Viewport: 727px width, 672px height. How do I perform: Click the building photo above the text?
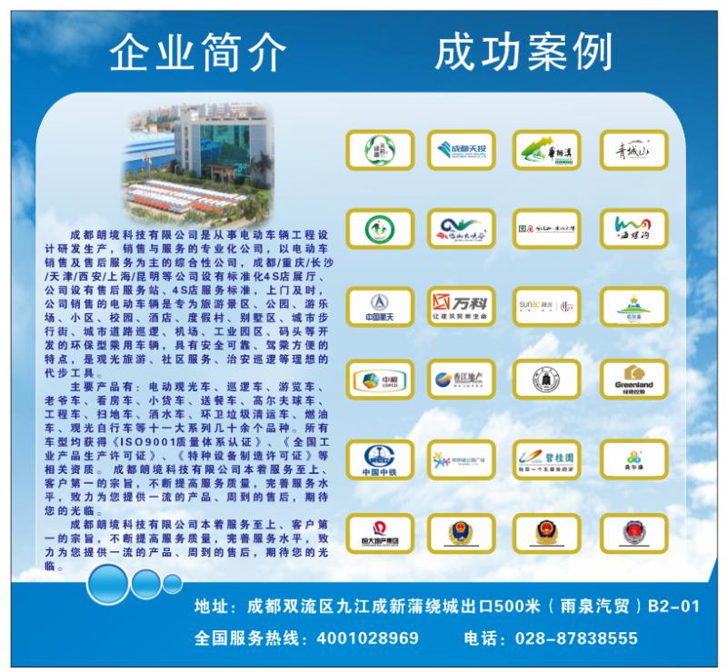tap(199, 156)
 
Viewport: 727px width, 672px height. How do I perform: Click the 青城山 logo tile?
tap(633, 149)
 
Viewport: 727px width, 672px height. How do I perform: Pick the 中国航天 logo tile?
tap(379, 304)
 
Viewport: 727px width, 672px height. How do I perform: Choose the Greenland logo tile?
tap(633, 379)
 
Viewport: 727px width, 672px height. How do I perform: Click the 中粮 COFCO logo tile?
tap(379, 379)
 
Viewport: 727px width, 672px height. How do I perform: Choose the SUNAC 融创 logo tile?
tap(546, 304)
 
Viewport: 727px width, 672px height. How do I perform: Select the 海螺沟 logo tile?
tap(633, 227)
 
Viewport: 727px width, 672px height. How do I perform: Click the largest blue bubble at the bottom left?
tap(110, 581)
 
